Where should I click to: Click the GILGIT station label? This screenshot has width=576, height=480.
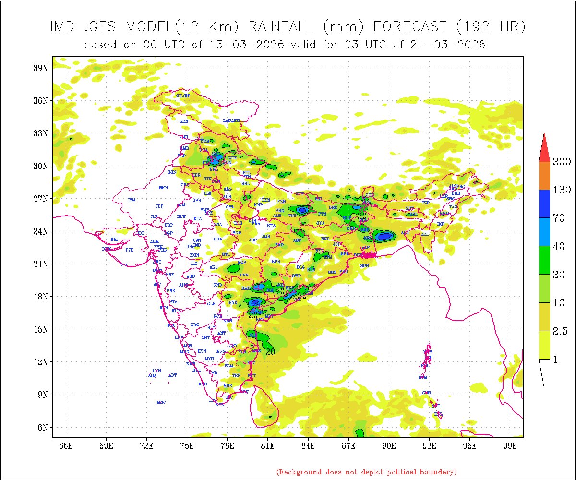pyautogui.click(x=183, y=96)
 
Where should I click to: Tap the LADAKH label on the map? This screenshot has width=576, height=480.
pyautogui.click(x=231, y=120)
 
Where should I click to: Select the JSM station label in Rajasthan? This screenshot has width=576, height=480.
pyautogui.click(x=132, y=200)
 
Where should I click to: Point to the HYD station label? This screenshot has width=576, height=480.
pyautogui.click(x=233, y=303)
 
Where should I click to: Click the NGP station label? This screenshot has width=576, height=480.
pyautogui.click(x=242, y=263)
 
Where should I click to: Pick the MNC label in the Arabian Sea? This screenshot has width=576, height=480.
pyautogui.click(x=161, y=402)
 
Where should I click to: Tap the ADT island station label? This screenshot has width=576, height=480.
pyautogui.click(x=173, y=375)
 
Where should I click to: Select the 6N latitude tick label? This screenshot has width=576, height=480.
pyautogui.click(x=42, y=427)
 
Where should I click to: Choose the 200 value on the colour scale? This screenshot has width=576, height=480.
pyautogui.click(x=562, y=161)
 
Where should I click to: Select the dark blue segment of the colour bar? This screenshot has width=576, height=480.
pyautogui.click(x=544, y=204)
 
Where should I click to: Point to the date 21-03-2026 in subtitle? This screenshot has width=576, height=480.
pyautogui.click(x=448, y=44)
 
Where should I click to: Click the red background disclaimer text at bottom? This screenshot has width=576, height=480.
pyautogui.click(x=366, y=472)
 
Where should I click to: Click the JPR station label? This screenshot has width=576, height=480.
pyautogui.click(x=197, y=200)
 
